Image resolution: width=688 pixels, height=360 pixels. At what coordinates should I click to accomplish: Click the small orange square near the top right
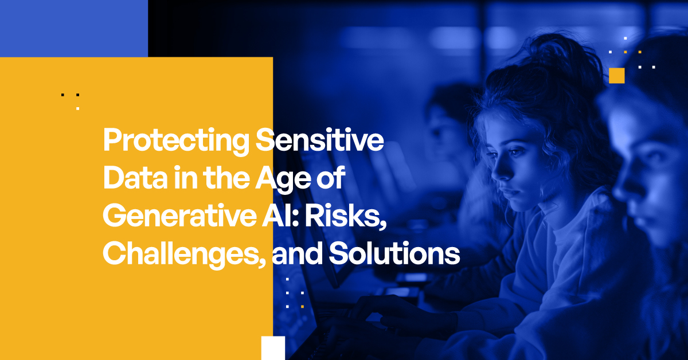[x=617, y=75]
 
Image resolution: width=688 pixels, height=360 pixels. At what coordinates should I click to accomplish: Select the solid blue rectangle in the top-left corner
[x=73, y=28]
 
